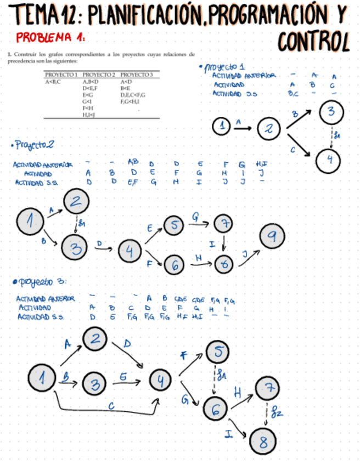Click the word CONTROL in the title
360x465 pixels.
click(x=314, y=40)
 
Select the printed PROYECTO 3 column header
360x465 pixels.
click(x=136, y=74)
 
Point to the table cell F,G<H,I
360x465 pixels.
click(x=132, y=101)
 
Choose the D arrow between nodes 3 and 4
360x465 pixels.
click(x=103, y=247)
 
